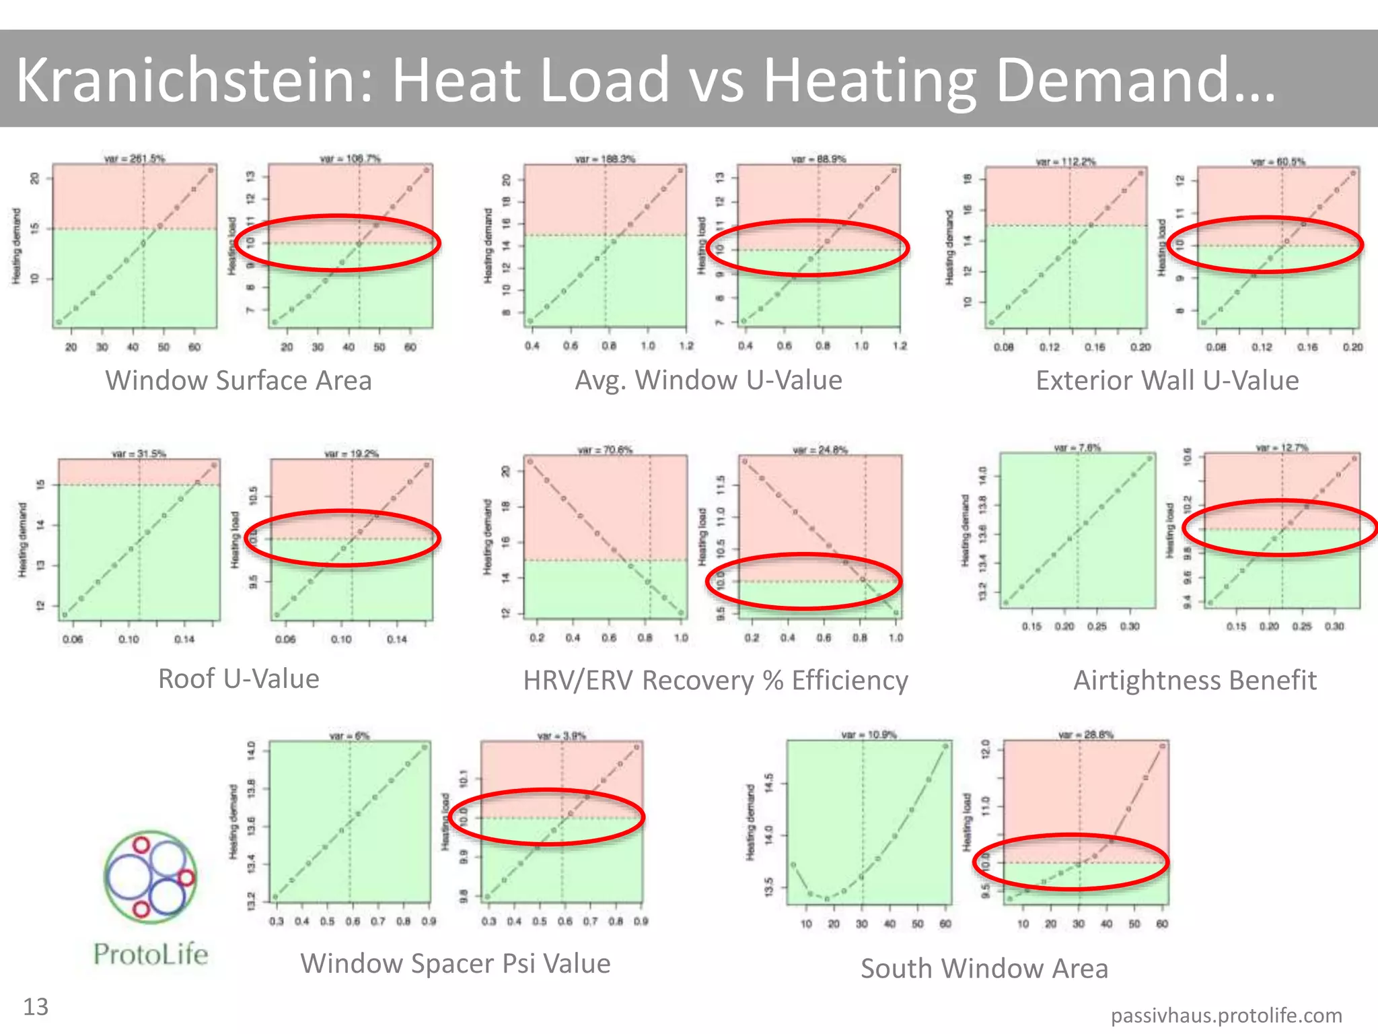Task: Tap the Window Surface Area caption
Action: click(238, 380)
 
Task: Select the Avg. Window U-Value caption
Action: click(708, 380)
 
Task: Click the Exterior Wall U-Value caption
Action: click(1167, 381)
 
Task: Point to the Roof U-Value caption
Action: click(238, 679)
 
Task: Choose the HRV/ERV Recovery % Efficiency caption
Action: click(715, 681)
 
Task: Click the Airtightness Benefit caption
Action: click(1194, 681)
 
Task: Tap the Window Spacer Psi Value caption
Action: click(456, 963)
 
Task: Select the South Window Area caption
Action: click(984, 969)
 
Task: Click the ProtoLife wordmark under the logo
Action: click(151, 955)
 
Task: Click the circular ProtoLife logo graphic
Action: click(151, 876)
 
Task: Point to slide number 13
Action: click(36, 1007)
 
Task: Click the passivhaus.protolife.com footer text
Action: click(1226, 1015)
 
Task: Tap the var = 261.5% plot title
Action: click(135, 159)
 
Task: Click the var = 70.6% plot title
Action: click(605, 450)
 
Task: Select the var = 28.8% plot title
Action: click(1085, 734)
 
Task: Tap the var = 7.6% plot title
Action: click(1077, 448)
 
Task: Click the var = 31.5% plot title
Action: click(139, 454)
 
